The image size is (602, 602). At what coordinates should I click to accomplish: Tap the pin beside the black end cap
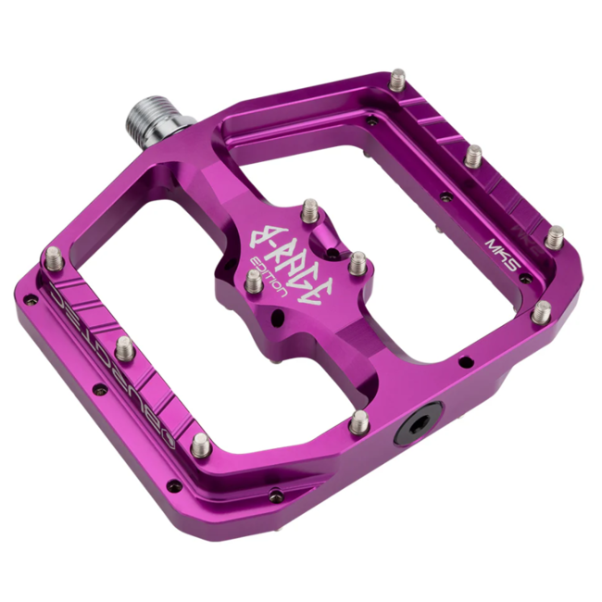358,421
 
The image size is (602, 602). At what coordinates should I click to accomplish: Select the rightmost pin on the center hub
357,262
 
